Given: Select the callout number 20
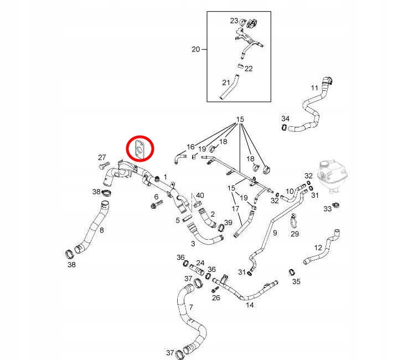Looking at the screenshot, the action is point(195,49).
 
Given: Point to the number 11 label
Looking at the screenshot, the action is point(314,88).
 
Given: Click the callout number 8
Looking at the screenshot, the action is point(101,229).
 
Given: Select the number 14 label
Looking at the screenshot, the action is point(250,305).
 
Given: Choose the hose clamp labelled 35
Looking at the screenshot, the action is point(291,272).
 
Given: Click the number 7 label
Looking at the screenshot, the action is point(191,307).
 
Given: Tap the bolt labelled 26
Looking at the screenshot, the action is point(214,290).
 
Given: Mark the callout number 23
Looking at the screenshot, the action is point(234,20).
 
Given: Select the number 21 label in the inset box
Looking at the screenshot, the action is point(225,83).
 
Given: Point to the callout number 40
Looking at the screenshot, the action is point(200,195).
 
